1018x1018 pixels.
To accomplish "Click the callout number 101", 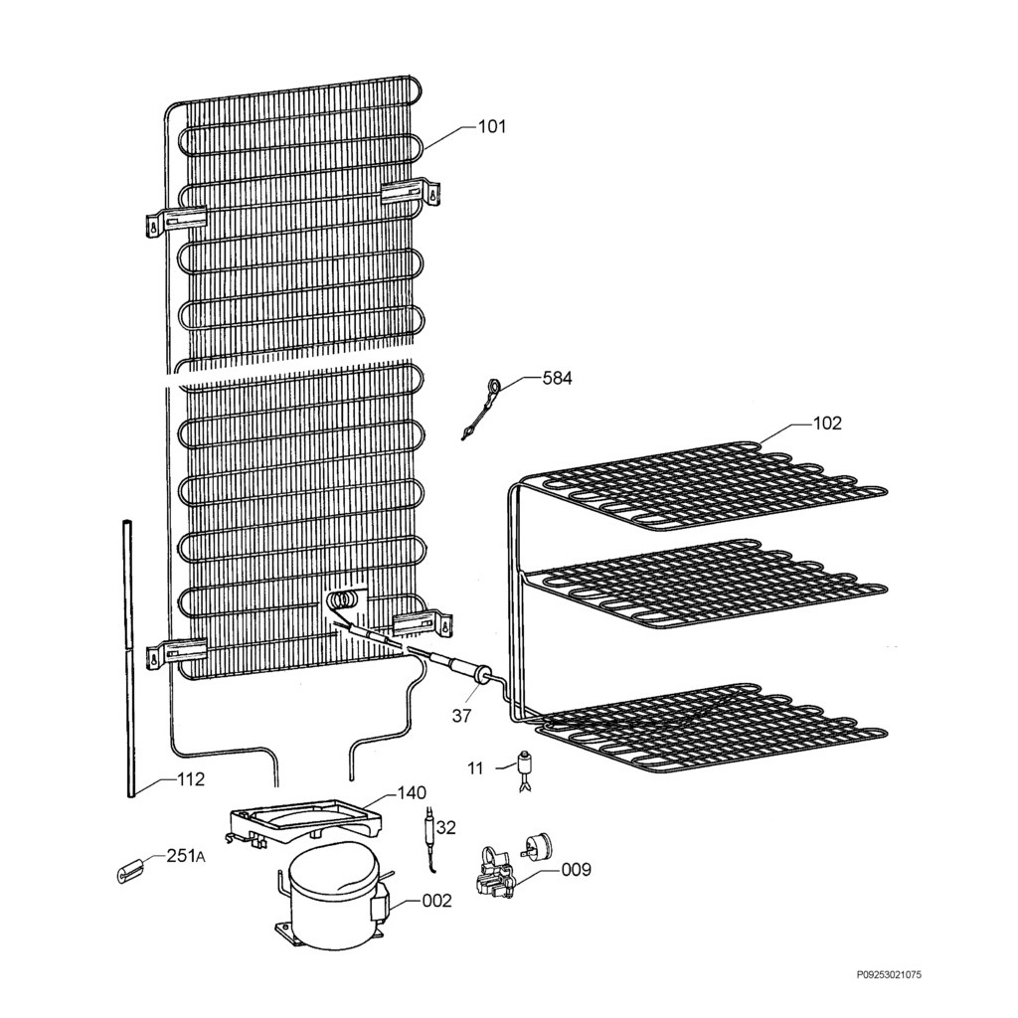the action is pos(491,126).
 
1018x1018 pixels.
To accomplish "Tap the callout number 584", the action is pos(557,378).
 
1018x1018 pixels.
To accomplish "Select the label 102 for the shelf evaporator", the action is pos(826,424).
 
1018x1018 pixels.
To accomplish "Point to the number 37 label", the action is pos(461,716).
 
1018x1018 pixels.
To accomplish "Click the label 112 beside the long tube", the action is pos(190,778).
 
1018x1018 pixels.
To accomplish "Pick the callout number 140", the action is pos(412,792).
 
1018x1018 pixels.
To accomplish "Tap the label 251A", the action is pos(186,856).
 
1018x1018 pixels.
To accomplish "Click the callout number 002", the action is pos(436,901).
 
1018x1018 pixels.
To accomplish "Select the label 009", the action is pos(577,869).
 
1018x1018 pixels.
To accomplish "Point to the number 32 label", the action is pos(446,827).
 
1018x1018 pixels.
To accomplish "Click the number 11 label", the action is pos(476,768).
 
